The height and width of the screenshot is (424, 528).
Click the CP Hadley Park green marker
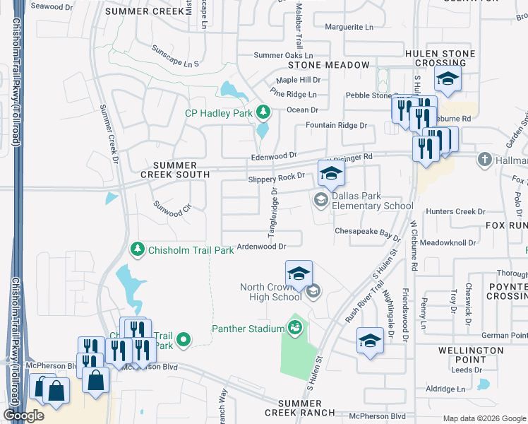click(263, 112)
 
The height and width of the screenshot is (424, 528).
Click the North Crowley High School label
click(271, 292)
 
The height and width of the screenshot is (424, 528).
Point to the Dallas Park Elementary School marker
click(320, 200)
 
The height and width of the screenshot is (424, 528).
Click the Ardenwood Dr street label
click(261, 247)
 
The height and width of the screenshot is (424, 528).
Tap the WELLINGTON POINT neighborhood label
click(470, 355)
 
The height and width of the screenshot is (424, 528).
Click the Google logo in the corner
click(24, 416)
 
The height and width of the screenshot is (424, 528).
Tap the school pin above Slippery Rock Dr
click(331, 172)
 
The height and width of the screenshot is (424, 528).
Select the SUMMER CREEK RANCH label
click(299, 406)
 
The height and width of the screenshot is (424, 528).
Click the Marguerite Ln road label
click(349, 28)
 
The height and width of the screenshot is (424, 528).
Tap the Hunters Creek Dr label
click(455, 211)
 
